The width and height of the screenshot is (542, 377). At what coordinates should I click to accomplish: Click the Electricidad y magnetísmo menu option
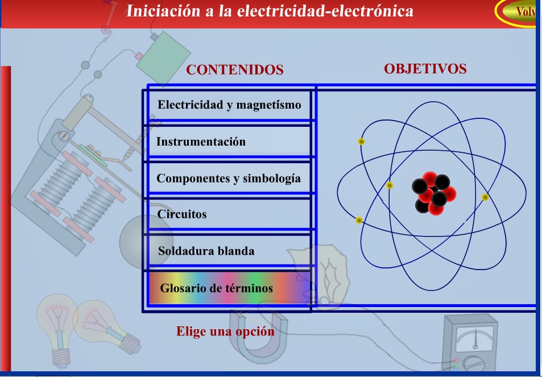click(229, 105)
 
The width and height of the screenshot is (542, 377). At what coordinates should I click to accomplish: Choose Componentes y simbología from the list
click(229, 179)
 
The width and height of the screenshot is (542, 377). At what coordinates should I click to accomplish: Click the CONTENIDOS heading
click(235, 70)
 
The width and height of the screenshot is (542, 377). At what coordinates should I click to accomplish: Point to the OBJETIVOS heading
click(425, 69)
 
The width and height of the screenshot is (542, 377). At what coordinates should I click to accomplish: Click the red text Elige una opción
click(225, 332)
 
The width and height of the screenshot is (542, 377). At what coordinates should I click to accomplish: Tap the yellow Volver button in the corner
click(519, 11)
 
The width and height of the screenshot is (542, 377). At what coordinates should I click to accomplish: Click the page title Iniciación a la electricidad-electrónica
click(270, 11)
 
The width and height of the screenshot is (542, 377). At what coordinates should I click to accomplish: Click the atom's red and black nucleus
click(434, 193)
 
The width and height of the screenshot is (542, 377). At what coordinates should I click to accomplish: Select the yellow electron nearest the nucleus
click(390, 185)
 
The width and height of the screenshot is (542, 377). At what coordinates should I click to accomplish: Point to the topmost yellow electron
click(361, 142)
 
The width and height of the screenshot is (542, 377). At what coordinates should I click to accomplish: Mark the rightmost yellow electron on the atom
click(485, 197)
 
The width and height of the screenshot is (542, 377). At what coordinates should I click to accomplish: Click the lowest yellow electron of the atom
click(359, 220)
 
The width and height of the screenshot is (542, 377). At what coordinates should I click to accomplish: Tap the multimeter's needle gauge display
click(475, 338)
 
